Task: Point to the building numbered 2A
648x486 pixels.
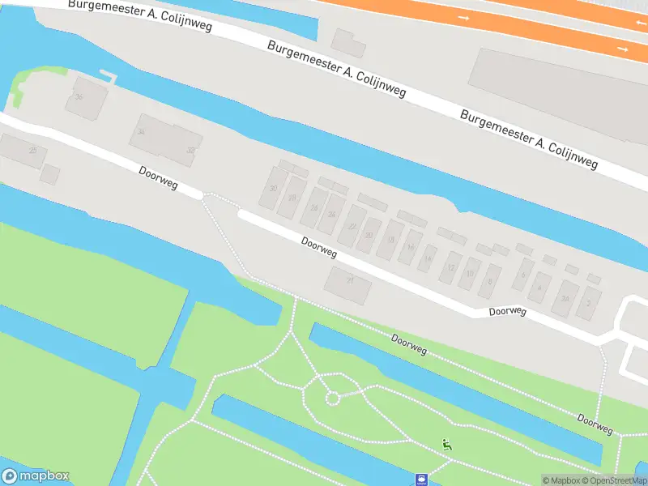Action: (565, 298)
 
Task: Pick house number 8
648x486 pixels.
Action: (489, 281)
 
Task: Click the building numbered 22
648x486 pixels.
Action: (352, 227)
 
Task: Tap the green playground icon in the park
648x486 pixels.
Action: (446, 443)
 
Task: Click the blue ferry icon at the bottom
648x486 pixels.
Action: (422, 479)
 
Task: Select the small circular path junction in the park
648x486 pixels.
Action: (331, 398)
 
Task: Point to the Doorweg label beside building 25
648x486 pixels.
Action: (158, 177)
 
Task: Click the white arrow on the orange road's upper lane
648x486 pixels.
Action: (463, 17)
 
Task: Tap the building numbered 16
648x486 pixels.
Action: (411, 247)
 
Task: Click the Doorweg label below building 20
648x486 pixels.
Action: (319, 247)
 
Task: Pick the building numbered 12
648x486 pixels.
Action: (450, 266)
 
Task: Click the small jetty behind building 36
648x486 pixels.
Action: (108, 78)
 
